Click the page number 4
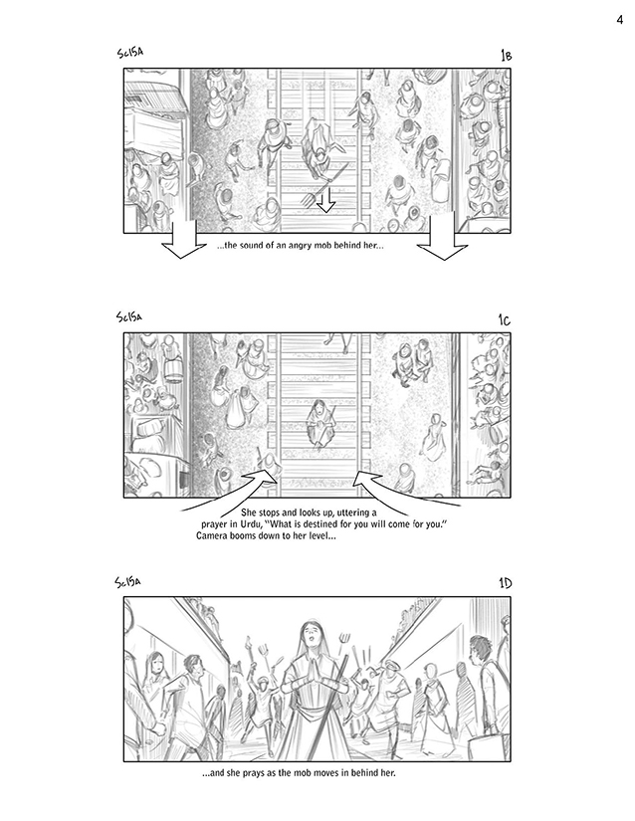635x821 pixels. tap(620, 20)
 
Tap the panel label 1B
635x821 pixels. tap(506, 55)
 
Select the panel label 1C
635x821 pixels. tap(505, 319)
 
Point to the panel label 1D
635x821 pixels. tap(506, 583)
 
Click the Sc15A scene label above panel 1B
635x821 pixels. tap(130, 53)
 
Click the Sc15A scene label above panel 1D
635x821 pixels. tap(128, 582)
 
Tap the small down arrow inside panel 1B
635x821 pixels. tap(326, 201)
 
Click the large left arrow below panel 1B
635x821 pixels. tap(184, 240)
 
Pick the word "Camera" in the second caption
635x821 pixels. tap(211, 536)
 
